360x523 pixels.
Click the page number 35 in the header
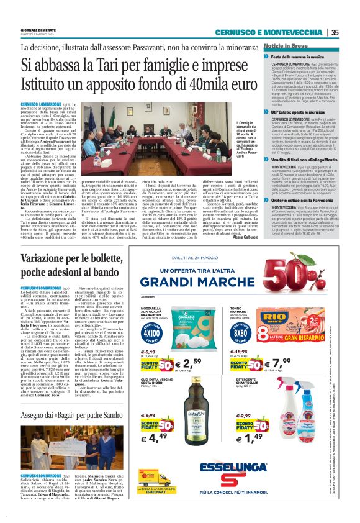pos(335,33)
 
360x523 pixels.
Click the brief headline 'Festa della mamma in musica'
pos(304,57)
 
